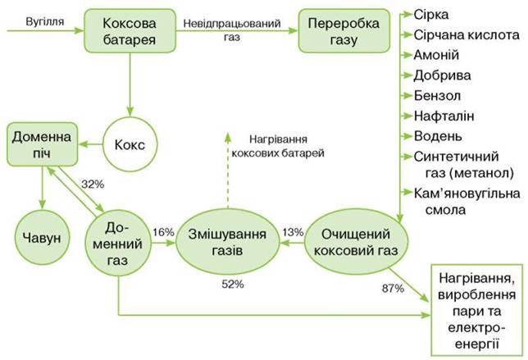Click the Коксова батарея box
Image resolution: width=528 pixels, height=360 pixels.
coord(130,30)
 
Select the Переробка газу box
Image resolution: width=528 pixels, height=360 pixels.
coord(344,30)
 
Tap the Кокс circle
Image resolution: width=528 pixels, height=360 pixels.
coord(130,145)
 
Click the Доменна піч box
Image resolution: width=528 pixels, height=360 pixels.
coord(42,144)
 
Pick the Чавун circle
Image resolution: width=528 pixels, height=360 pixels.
coord(42,238)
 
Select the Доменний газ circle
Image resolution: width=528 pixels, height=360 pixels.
coord(118,244)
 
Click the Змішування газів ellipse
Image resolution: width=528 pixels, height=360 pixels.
coord(228,242)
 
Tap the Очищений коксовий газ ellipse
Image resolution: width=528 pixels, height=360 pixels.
coord(356,242)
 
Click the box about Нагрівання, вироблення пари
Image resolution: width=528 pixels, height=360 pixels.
coord(477,310)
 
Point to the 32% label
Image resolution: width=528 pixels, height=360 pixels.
coord(93,185)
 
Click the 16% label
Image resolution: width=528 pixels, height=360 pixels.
coord(163,232)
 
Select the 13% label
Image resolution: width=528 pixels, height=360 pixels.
coord(293,232)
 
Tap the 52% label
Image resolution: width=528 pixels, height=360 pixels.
coord(233,285)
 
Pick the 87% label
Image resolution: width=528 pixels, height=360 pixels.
coord(393,289)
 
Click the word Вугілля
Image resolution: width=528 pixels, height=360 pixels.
coord(45,21)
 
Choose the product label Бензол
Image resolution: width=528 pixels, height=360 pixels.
coord(437,96)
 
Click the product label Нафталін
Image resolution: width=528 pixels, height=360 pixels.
coord(444,116)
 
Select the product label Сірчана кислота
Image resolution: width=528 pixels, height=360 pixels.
coord(467,35)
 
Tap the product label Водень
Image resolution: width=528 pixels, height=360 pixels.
coord(438,136)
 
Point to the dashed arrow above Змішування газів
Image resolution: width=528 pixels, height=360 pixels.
coord(228,171)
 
